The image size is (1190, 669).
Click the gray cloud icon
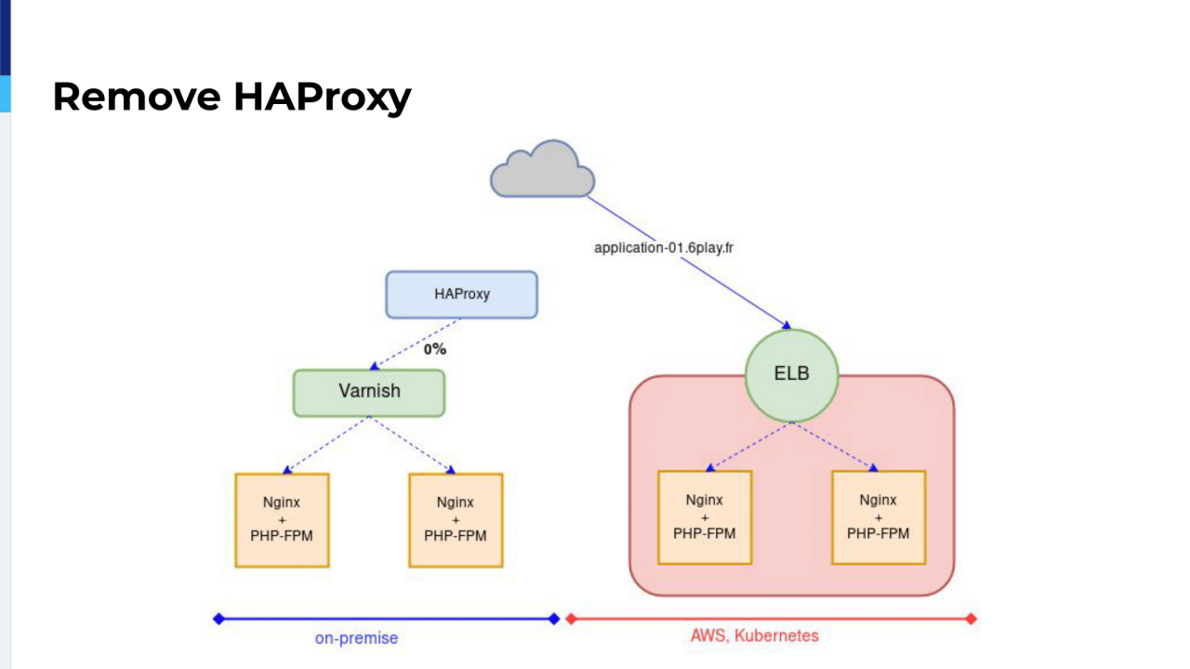point(543,171)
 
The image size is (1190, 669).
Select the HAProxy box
point(462,295)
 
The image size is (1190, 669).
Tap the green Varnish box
point(369,392)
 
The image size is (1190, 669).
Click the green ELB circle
point(793,375)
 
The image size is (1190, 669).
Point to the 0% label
point(435,349)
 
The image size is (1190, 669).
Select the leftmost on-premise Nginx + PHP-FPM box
point(282,520)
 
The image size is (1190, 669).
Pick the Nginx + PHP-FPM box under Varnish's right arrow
point(456,520)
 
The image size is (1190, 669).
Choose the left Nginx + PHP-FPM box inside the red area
point(705,518)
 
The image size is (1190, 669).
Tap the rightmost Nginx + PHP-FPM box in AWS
point(879,518)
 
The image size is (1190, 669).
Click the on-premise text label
point(356,638)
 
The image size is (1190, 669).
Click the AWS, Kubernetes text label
point(755,636)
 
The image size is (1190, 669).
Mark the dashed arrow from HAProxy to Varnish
point(416,344)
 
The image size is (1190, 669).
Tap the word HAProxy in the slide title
point(322,97)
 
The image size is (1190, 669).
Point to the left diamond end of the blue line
point(218,619)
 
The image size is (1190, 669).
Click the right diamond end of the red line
point(972,619)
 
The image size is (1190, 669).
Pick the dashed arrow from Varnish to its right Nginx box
point(413,445)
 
